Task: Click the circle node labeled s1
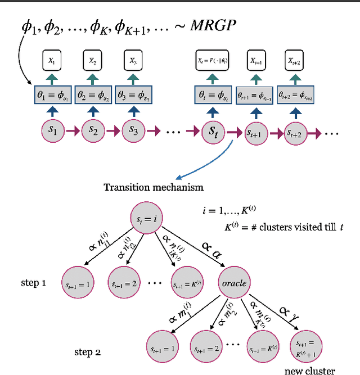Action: [52, 130]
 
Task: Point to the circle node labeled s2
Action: [93, 130]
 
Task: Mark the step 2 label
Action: [87, 353]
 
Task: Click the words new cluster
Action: [309, 370]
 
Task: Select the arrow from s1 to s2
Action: [73, 131]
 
